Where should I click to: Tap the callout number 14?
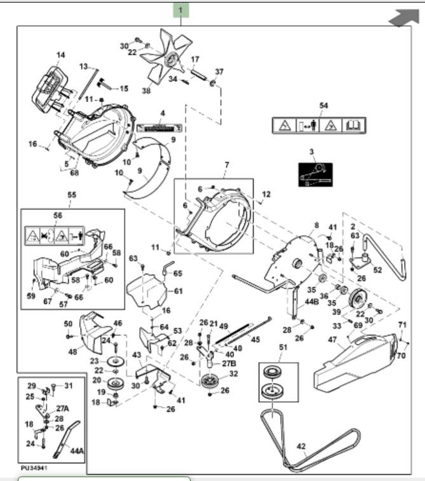[x=60, y=55]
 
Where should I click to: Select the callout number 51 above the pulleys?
[x=283, y=348]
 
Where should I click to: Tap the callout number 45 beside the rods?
[x=255, y=339]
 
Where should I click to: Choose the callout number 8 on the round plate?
[x=316, y=225]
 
